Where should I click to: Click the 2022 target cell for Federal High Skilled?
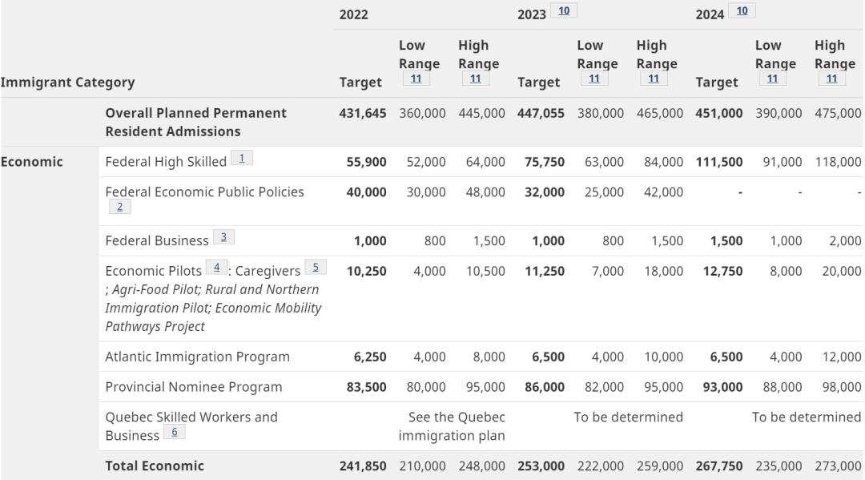click(x=366, y=162)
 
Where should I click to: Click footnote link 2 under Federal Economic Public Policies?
click(x=119, y=207)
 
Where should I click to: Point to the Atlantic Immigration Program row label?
click(x=197, y=357)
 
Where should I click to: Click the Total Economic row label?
click(x=155, y=466)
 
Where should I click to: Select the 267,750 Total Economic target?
click(x=719, y=466)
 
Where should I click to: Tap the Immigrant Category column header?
click(x=67, y=82)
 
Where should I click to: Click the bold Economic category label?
click(x=32, y=161)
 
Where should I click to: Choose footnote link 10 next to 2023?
click(x=564, y=11)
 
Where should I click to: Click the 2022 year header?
click(x=354, y=15)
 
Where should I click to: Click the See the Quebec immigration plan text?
click(x=452, y=426)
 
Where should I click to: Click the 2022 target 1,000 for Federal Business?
click(x=370, y=240)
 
